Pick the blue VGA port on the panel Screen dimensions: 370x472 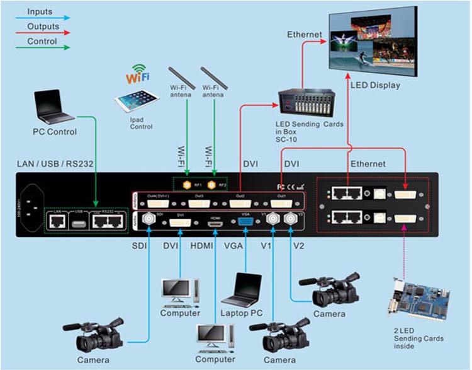[245, 221]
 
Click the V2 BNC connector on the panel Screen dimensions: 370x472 [291, 219]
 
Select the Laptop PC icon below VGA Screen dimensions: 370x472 [240, 290]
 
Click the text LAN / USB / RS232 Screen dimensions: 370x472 [55, 164]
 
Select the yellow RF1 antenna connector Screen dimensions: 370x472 [186, 185]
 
